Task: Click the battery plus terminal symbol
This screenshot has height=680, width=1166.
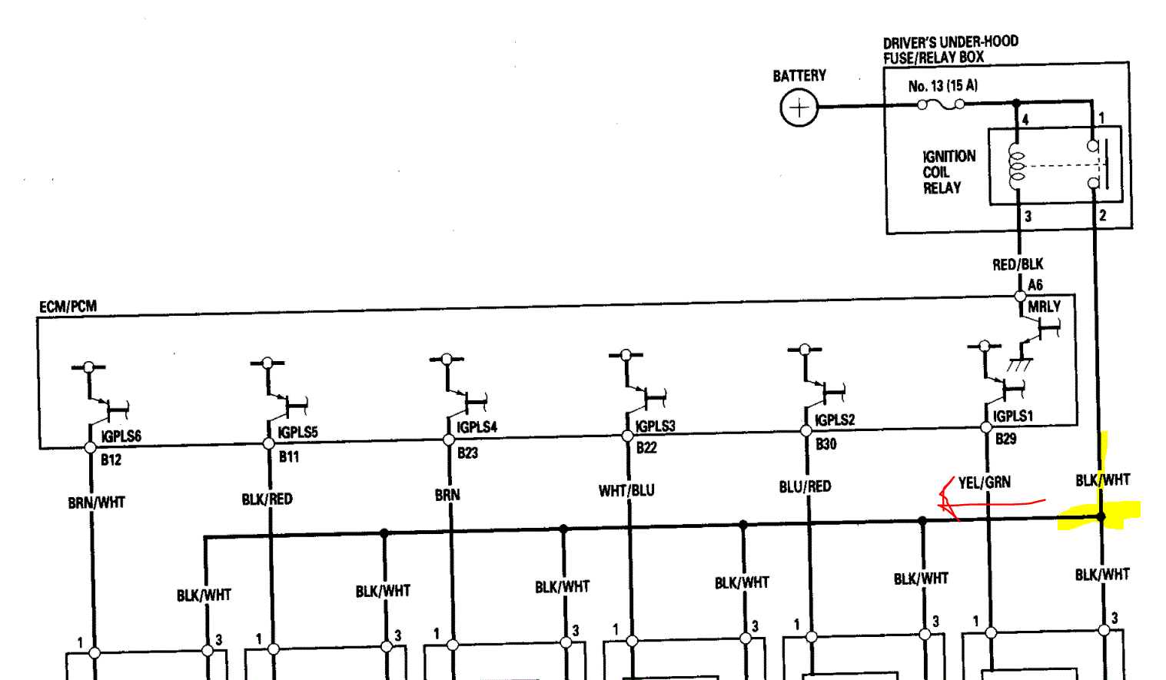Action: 799,107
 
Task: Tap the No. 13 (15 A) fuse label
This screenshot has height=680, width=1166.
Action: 942,85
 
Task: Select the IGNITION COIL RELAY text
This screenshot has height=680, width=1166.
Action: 948,172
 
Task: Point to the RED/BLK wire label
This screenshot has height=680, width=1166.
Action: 1018,264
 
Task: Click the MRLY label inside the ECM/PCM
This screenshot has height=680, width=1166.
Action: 1044,307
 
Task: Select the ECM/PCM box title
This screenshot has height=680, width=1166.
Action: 68,307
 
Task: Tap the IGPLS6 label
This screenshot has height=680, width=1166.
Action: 121,436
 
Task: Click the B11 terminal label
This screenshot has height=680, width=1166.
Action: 288,456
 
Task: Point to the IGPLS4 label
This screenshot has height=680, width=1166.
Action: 477,426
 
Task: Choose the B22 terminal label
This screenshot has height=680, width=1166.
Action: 646,447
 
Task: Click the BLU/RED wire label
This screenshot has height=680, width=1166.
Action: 805,486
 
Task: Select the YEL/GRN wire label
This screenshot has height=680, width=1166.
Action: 984,483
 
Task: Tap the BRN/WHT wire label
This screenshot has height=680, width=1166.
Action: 96,503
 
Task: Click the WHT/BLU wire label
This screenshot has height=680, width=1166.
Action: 626,490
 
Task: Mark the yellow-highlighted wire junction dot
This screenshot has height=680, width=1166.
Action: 1101,517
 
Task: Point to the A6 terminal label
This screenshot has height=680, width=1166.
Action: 1035,285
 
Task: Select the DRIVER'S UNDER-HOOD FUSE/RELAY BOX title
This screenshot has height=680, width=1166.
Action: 950,50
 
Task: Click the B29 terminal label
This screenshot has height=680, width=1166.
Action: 1005,439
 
